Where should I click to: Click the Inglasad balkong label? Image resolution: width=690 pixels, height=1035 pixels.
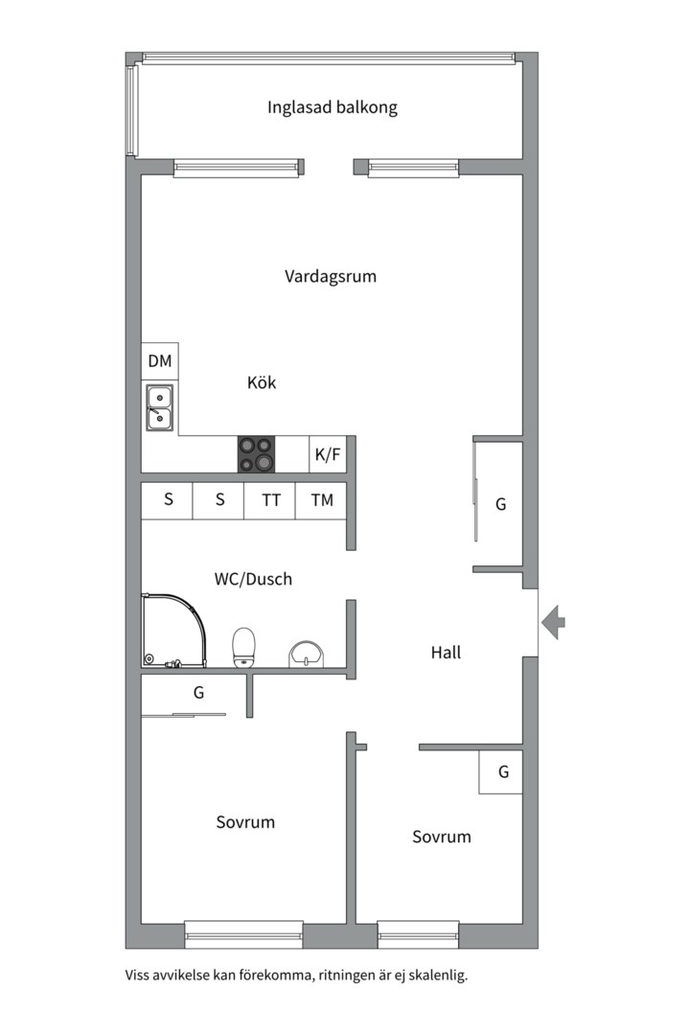333,107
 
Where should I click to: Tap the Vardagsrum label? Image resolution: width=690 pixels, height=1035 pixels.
330,276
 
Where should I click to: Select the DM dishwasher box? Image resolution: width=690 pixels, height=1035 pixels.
160,361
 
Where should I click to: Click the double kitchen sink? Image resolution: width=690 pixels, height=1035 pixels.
160,408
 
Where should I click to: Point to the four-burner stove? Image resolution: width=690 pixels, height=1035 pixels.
257,454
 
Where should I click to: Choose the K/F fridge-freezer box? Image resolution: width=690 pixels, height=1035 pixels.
328,454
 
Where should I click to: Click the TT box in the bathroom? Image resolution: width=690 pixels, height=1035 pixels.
270,500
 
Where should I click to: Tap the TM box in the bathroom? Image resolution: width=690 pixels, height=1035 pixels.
322,500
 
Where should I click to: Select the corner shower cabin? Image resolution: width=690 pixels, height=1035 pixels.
173,630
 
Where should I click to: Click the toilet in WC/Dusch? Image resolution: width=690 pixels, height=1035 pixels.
243,648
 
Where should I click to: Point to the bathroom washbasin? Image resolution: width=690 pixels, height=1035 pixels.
307,654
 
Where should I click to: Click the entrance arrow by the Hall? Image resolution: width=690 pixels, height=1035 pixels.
553,622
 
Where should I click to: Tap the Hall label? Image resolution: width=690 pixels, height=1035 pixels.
446,653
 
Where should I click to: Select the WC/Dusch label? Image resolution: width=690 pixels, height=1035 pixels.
253,579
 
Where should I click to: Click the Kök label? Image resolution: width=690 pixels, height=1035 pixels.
262,382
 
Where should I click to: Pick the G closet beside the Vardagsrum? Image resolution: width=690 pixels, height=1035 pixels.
499,504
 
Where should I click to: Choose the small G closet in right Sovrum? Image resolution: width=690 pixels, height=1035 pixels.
501,771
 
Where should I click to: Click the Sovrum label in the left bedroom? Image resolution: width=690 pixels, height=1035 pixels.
245,822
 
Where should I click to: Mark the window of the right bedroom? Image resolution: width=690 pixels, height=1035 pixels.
418,934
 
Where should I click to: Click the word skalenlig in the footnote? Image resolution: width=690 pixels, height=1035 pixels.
438,975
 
